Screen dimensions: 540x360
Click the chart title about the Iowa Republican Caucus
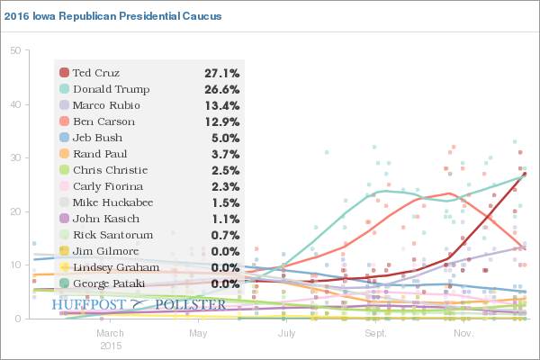pos(112,16)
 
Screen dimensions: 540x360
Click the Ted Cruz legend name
pos(96,73)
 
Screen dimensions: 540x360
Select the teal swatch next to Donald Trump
pos(65,89)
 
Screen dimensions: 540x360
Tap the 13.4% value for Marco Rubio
pos(222,106)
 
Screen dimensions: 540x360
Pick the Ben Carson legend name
pos(104,121)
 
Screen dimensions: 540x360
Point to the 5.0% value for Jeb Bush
pos(225,138)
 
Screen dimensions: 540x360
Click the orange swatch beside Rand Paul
pos(65,154)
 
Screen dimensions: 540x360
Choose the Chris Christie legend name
pos(110,170)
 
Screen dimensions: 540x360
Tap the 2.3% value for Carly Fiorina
pos(225,186)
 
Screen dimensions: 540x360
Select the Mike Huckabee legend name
pos(113,202)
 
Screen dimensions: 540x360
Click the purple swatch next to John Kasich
pos(65,219)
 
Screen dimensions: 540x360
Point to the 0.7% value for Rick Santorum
pos(225,235)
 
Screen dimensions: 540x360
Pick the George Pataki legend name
pos(109,283)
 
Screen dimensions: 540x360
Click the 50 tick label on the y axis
pos(15,50)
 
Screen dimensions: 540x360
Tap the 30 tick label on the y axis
pos(15,157)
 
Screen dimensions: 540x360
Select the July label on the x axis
pos(286,333)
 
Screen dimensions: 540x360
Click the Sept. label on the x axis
pos(375,333)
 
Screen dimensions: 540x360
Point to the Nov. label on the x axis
pos(463,333)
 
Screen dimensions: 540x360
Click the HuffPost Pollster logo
pos(139,304)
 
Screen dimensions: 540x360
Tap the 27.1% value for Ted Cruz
pos(222,74)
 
